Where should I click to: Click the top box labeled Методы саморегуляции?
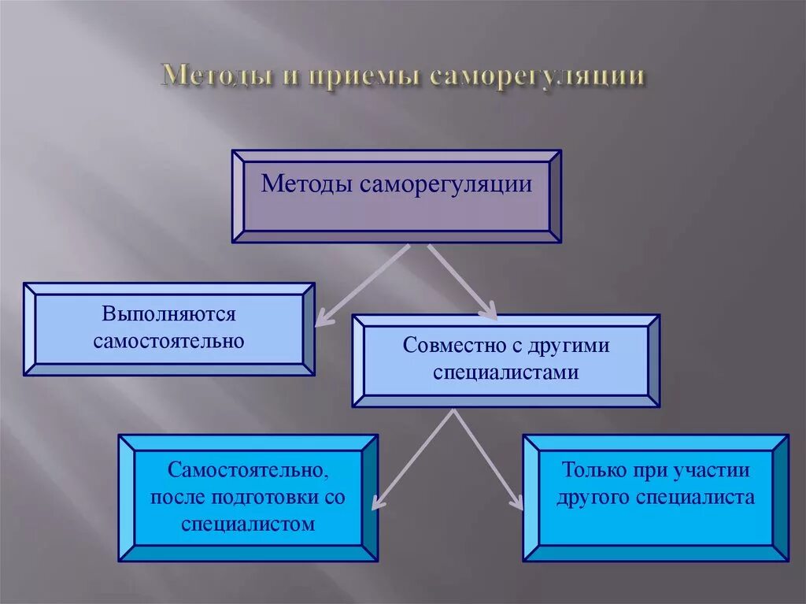pyautogui.click(x=396, y=195)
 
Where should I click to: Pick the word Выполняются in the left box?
pyautogui.click(x=168, y=314)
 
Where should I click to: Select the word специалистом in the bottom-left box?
pyautogui.click(x=247, y=524)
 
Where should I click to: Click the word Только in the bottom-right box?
pyautogui.click(x=590, y=471)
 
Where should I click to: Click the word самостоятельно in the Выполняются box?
pyautogui.click(x=168, y=342)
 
